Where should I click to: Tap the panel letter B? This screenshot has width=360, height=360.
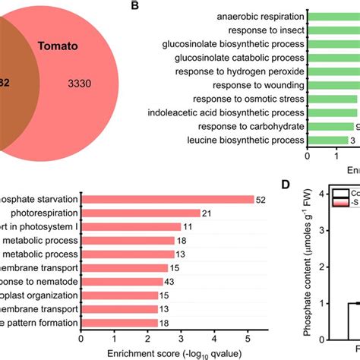(x=134, y=6)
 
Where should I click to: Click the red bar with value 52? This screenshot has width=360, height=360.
(x=167, y=199)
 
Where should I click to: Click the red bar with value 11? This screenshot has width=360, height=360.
(x=131, y=226)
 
